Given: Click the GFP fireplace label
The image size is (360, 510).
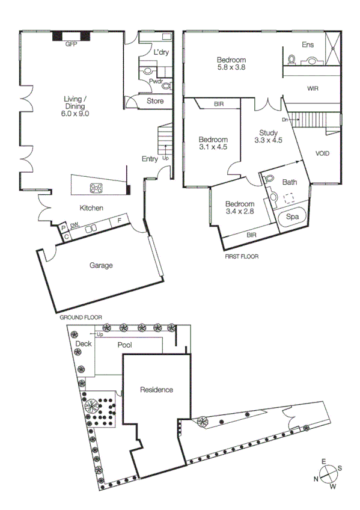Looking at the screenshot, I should tap(72, 44).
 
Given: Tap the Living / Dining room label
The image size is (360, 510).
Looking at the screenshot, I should tap(75, 106).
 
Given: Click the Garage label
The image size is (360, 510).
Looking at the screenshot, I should tap(101, 265).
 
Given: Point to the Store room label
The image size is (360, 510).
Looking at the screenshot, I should tap(155, 101).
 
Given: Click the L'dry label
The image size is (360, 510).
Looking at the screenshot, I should tap(160, 52).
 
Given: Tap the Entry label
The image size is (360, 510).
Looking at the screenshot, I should tap(150, 159).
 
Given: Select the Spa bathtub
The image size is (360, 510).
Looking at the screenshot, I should tap(292, 217).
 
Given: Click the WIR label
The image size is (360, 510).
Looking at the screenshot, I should tap(313, 88).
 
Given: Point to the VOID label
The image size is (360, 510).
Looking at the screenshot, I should tap(322, 153).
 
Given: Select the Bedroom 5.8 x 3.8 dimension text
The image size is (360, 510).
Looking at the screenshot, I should tap(231, 68).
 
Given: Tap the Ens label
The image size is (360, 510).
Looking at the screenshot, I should tap(308, 44).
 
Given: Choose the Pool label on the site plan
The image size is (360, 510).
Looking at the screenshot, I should tap(125, 345).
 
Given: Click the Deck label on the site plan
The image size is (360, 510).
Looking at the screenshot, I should tap(84, 344).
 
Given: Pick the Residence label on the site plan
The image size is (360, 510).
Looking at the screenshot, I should tap(156, 390).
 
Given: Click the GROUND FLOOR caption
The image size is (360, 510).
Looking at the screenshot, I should tap(81, 317).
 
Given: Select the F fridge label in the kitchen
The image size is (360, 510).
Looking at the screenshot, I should tap(119, 221).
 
